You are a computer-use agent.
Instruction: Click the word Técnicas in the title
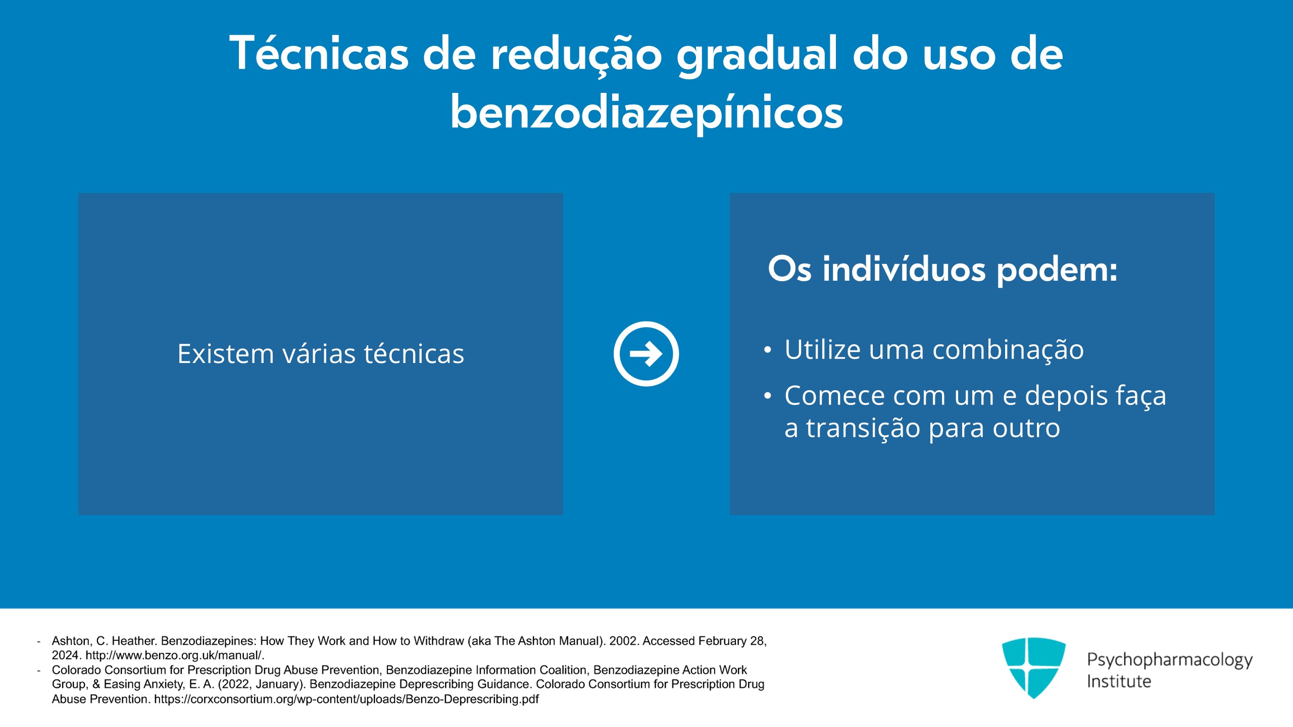[319, 54]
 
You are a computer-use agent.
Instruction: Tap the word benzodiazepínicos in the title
[646, 113]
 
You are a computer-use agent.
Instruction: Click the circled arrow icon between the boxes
[646, 354]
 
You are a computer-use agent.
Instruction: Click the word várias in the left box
[318, 353]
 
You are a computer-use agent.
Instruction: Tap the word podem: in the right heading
[1057, 270]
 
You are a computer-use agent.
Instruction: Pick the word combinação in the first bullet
[1008, 350]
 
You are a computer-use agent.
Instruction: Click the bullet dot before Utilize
[768, 350]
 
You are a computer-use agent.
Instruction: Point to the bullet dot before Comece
[768, 396]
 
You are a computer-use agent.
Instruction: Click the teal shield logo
[1033, 667]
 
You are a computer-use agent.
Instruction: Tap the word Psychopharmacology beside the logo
[1169, 660]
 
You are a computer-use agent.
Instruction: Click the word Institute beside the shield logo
[1119, 682]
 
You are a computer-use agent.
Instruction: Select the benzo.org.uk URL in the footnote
[175, 655]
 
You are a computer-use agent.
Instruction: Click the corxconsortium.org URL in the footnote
[346, 699]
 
